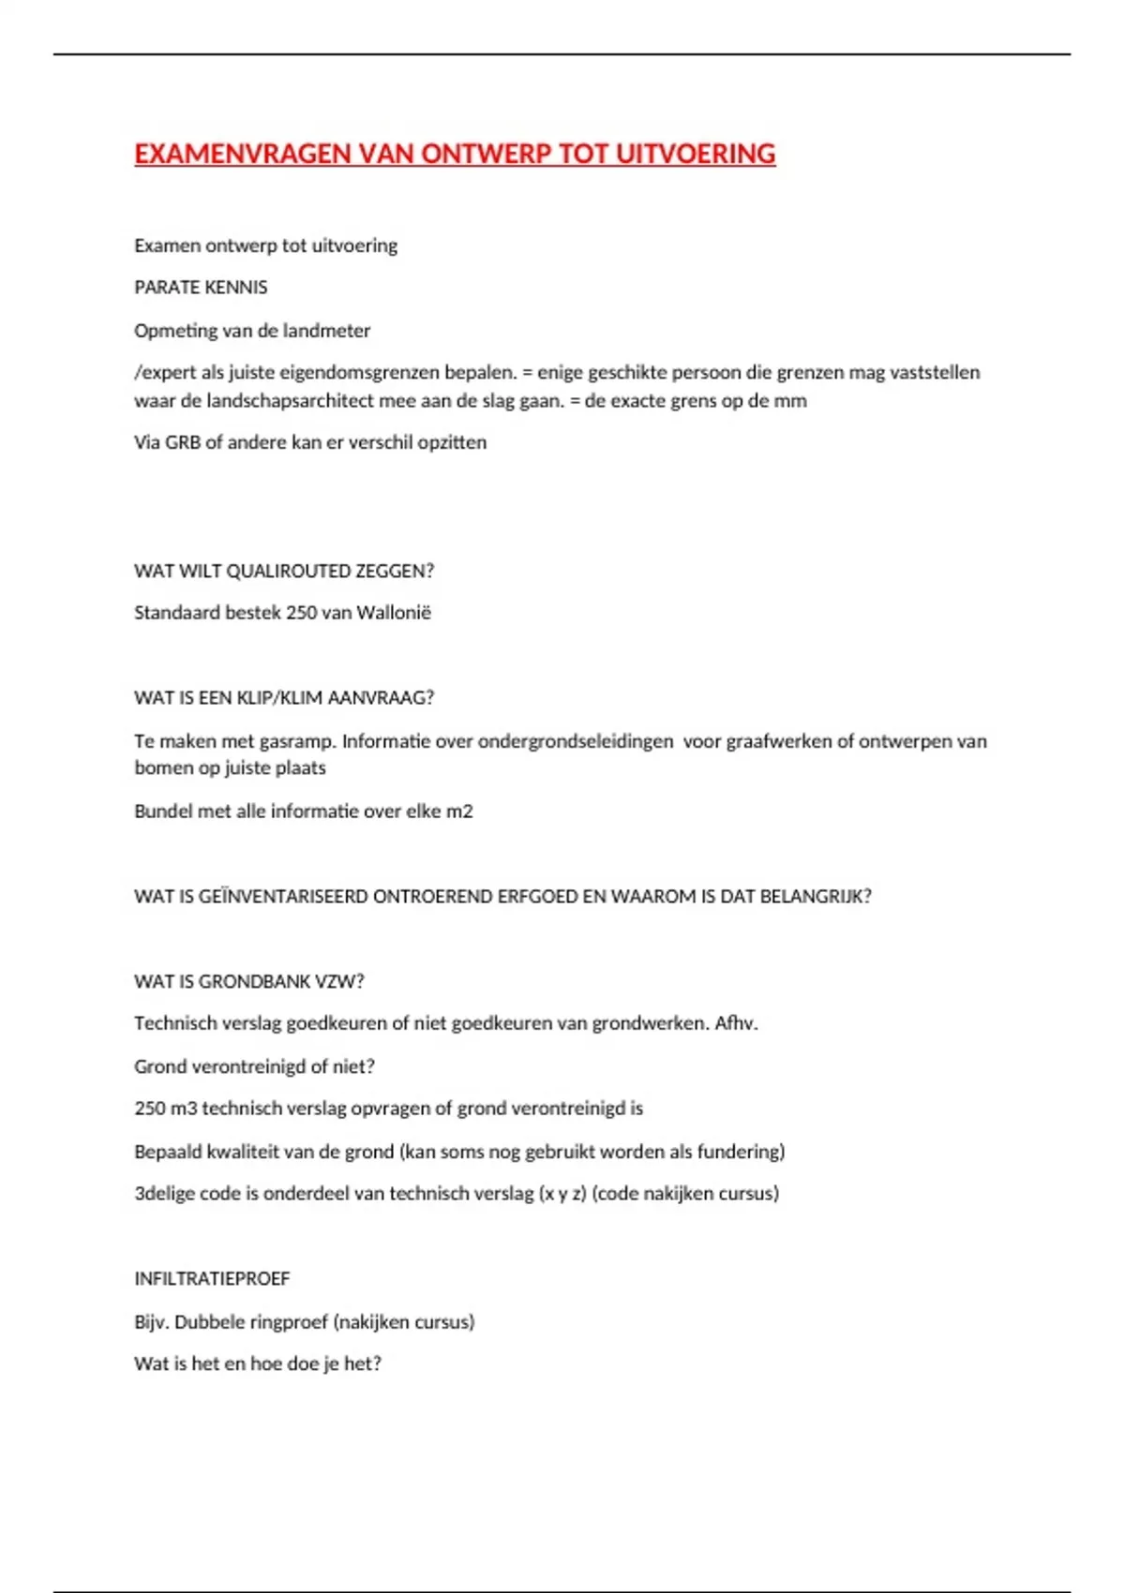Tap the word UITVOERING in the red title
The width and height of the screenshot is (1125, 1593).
tap(695, 154)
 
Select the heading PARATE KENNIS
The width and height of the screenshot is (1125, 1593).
tap(201, 288)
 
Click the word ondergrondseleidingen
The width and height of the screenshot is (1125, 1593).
tap(576, 742)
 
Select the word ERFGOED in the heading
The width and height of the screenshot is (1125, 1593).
tap(537, 897)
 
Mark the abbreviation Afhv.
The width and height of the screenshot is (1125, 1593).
tap(736, 1024)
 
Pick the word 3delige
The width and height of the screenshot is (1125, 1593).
tap(164, 1194)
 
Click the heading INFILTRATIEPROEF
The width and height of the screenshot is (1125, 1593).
tap(212, 1279)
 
